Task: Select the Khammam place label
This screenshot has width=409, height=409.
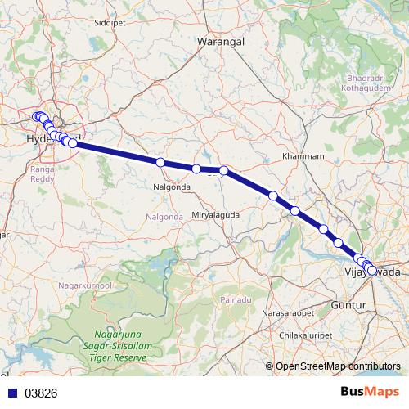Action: pyautogui.click(x=303, y=155)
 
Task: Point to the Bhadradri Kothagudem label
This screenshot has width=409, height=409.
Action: pyautogui.click(x=361, y=83)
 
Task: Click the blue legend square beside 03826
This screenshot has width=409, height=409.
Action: pyautogui.click(x=12, y=393)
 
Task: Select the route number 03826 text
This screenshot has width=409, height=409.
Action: pyautogui.click(x=42, y=393)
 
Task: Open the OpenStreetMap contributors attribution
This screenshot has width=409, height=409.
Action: pyautogui.click(x=337, y=367)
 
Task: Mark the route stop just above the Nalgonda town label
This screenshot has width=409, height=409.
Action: pyautogui.click(x=160, y=163)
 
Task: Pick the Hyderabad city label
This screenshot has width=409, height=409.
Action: pyautogui.click(x=49, y=140)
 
